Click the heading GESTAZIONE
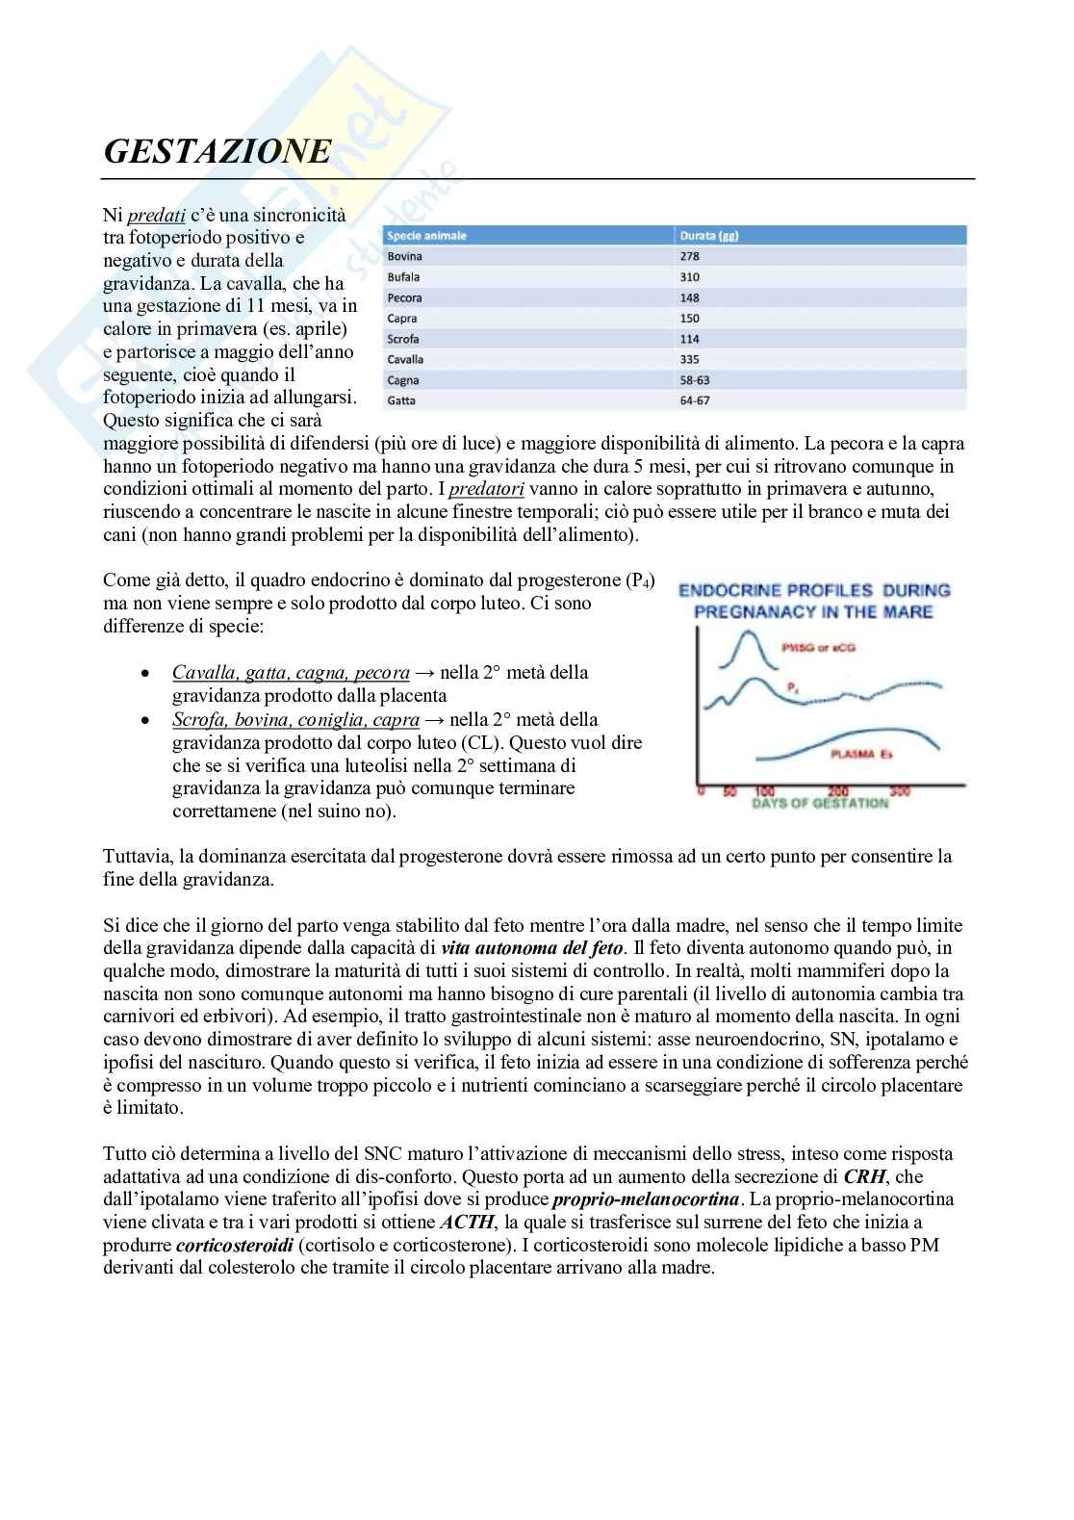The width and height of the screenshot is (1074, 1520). [x=217, y=152]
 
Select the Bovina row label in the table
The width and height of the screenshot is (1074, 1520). [x=404, y=257]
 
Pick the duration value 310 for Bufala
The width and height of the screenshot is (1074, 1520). [x=689, y=277]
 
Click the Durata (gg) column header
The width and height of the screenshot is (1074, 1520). [x=708, y=236]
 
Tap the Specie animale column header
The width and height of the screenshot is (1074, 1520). [x=426, y=236]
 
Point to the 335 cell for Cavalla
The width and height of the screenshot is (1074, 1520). [x=689, y=360]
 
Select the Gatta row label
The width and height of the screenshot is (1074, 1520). [x=401, y=400]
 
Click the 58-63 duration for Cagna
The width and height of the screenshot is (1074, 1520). [x=695, y=380]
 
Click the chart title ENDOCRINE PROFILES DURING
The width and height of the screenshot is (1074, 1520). [x=814, y=590]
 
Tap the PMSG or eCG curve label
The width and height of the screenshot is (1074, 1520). [x=825, y=648]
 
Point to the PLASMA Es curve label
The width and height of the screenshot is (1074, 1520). [x=860, y=754]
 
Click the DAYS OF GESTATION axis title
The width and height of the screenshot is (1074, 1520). [x=820, y=803]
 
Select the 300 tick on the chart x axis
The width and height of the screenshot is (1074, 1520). [x=900, y=790]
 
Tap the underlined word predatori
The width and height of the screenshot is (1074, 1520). [x=486, y=489]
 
